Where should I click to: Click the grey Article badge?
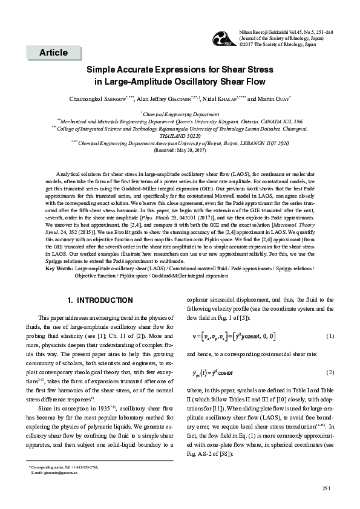tap(54, 53)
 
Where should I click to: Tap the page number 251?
tap(327, 488)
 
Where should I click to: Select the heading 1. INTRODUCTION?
tap(100, 300)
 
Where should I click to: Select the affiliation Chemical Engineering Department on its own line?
tap(180, 114)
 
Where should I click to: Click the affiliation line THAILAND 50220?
tap(180, 137)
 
